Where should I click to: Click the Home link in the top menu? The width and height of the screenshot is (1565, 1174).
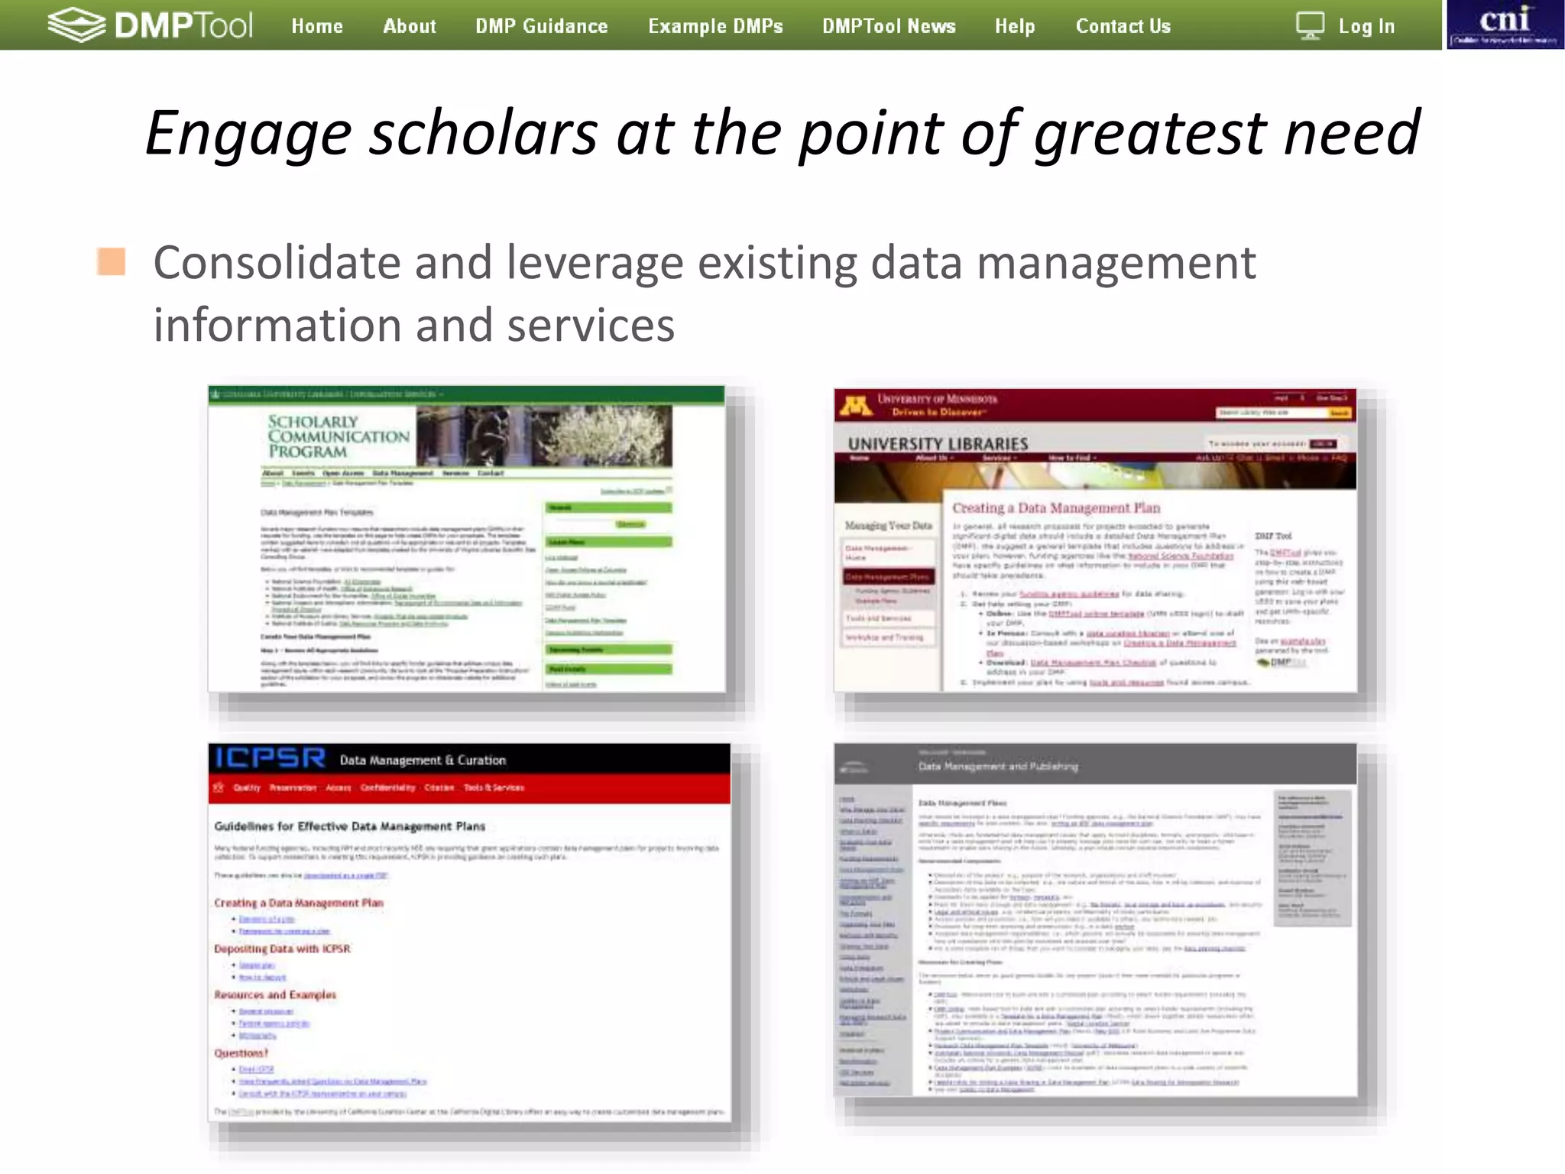[317, 26]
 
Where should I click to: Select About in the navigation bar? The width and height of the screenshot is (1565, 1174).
[410, 26]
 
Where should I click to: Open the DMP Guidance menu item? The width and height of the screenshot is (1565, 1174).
[542, 26]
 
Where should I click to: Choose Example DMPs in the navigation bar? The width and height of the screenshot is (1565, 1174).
[715, 26]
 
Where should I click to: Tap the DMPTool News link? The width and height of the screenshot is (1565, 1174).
[889, 26]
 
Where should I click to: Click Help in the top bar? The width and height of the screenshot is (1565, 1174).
[1015, 26]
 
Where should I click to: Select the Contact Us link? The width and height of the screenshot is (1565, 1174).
[1123, 26]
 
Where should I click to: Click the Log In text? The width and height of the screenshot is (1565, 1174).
[1366, 26]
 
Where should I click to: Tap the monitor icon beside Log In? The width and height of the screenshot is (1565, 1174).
[1310, 26]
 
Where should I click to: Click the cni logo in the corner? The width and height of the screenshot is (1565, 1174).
[1504, 24]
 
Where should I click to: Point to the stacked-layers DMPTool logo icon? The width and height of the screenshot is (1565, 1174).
[76, 24]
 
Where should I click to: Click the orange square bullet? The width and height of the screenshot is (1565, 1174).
[112, 261]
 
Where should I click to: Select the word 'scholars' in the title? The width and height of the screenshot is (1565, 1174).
[483, 133]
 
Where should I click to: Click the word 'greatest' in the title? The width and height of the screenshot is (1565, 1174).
[1151, 133]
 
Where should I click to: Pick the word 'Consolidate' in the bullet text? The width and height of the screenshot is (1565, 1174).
[277, 263]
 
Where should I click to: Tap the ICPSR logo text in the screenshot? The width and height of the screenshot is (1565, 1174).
[271, 758]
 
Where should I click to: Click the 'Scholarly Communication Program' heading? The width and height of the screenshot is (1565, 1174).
[338, 436]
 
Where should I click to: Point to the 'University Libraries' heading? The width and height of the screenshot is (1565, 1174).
[938, 444]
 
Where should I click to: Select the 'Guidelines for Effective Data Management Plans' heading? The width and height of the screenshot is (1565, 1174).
[349, 826]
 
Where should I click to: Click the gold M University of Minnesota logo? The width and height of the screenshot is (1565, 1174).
[856, 404]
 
